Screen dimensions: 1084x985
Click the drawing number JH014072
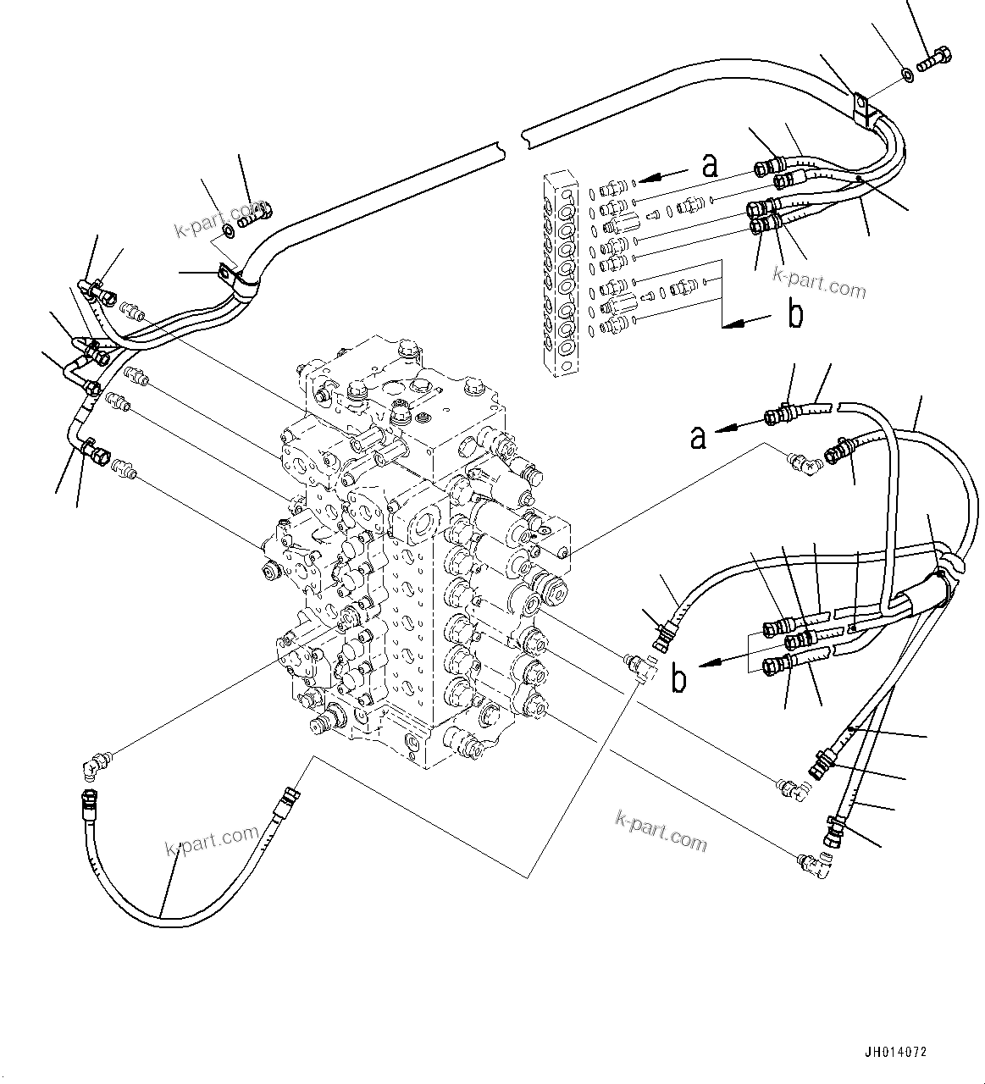coord(895,1052)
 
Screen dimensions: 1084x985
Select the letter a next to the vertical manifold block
coord(710,166)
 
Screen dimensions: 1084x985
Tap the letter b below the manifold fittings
coord(794,315)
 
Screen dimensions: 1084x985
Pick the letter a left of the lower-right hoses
coord(697,437)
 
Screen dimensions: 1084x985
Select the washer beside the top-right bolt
coord(907,75)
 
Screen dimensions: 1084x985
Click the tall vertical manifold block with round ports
coord(560,271)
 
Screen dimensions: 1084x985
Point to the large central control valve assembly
coord(415,550)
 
